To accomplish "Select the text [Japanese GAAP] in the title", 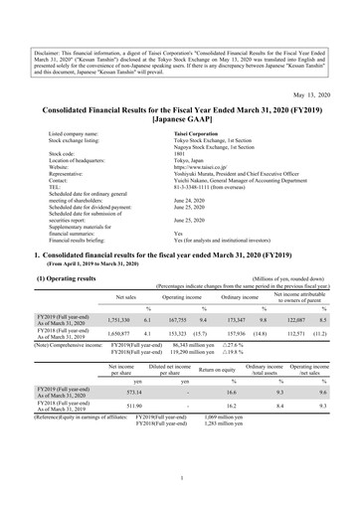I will (x=179, y=115).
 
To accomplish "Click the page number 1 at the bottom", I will (x=180, y=478).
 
